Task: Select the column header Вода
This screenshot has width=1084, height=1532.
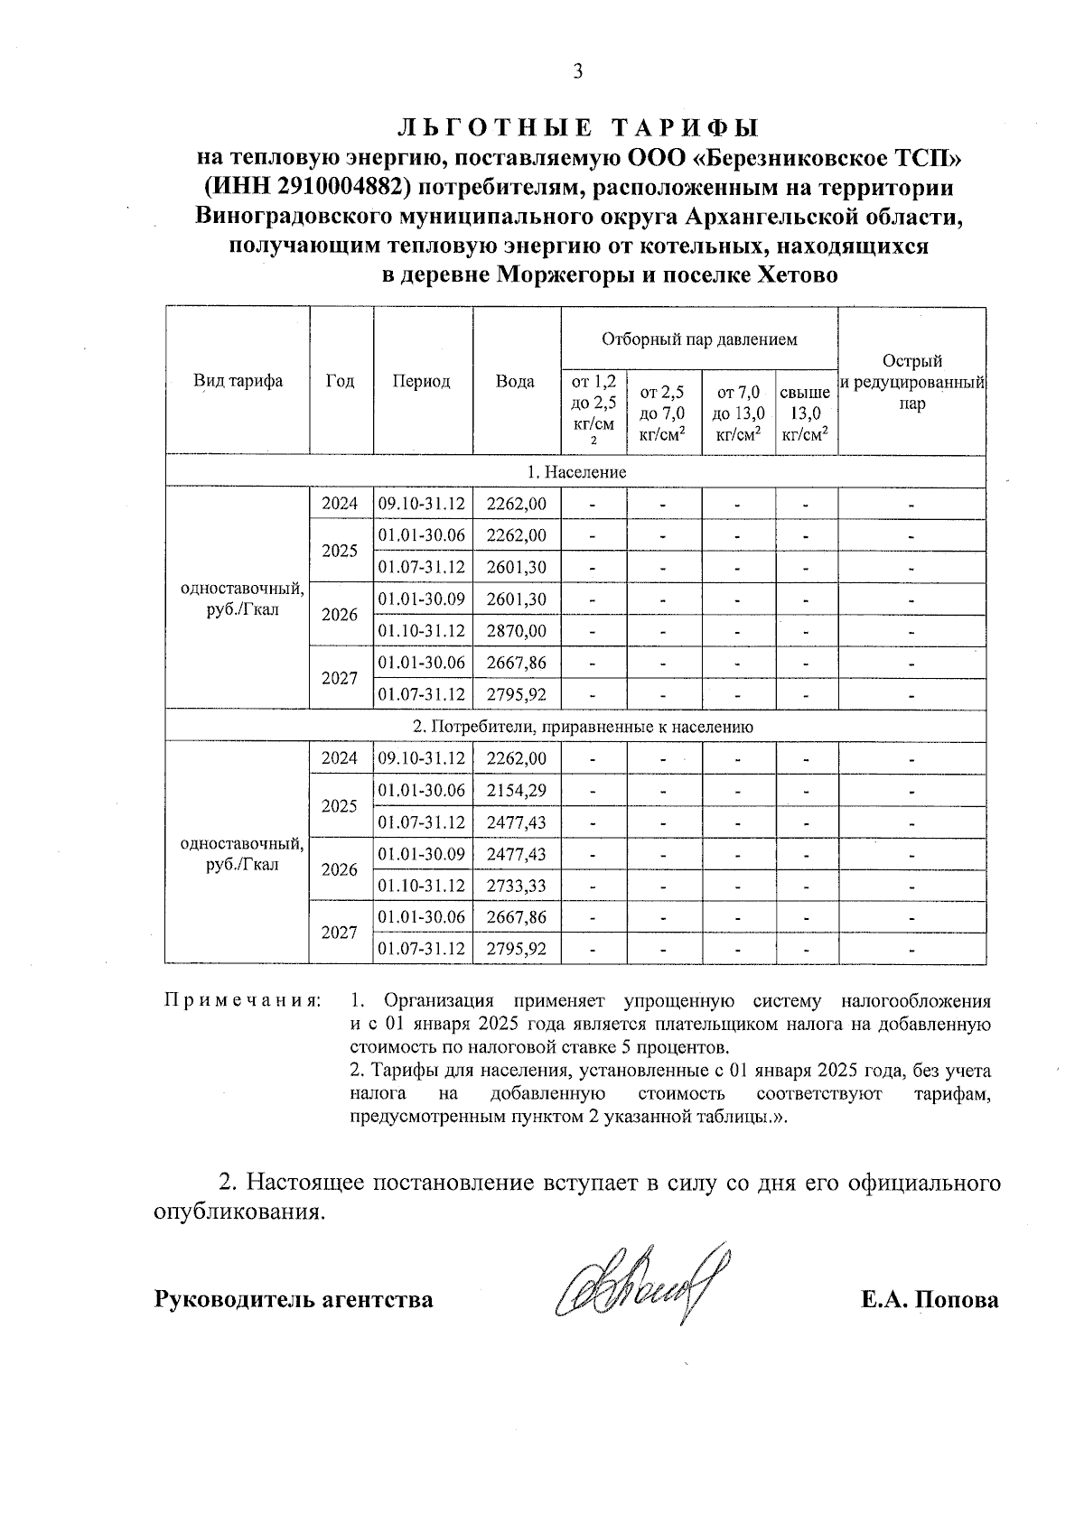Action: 515,382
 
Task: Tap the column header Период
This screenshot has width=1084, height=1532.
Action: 421,382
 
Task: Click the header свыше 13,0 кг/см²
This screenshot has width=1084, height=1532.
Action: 805,414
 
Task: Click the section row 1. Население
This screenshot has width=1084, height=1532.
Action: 575,472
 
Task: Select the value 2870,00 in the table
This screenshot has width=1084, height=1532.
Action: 516,631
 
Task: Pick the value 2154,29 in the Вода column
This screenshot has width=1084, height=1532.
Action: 516,791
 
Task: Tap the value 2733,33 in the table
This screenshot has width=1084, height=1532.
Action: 516,886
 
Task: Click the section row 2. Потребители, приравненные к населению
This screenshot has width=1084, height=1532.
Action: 583,727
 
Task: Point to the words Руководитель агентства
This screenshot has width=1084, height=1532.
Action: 294,1300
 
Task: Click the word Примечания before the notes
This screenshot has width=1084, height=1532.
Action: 242,1001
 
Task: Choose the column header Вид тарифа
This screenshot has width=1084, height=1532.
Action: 238,382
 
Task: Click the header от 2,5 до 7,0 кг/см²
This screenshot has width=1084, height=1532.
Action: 662,414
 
